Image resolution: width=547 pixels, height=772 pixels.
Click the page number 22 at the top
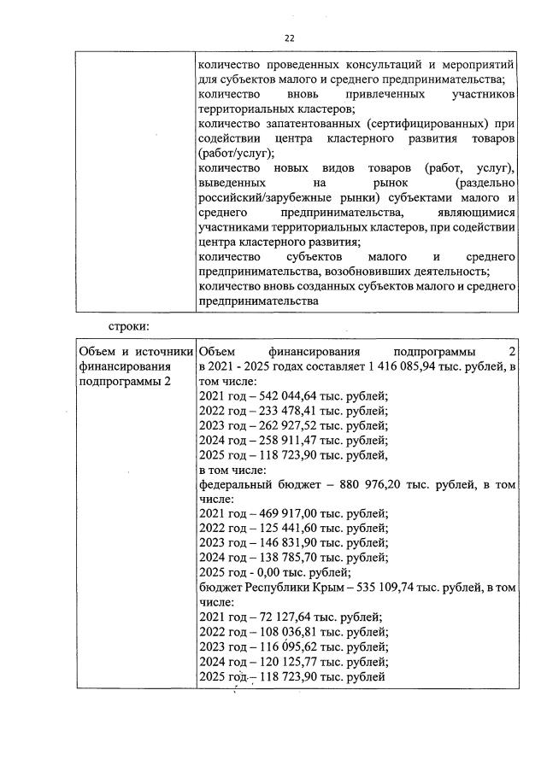click(289, 38)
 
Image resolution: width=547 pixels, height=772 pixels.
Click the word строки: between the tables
click(128, 325)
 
